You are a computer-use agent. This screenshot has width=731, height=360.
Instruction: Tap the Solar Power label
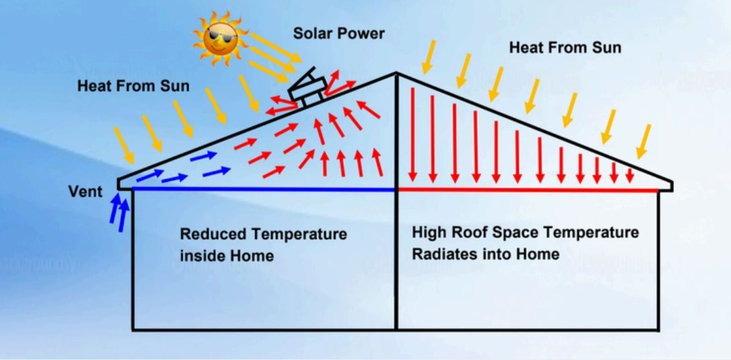[x=339, y=34]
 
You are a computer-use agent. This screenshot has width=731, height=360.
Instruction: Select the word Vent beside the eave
[x=85, y=192]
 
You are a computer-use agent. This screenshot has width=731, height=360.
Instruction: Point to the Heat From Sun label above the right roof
[x=565, y=47]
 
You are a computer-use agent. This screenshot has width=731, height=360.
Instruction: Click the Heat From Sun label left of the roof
[x=133, y=86]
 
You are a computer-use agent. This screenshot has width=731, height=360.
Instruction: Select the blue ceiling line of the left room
[x=264, y=189]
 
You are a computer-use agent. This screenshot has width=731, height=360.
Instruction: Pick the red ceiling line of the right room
[x=528, y=190]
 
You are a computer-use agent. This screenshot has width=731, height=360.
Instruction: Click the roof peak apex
[x=396, y=73]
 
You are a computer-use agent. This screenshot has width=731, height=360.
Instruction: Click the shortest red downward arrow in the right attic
[x=630, y=175]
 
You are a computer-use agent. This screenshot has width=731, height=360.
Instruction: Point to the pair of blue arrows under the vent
[x=119, y=212]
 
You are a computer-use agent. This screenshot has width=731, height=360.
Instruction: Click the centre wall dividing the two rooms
[x=396, y=203]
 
